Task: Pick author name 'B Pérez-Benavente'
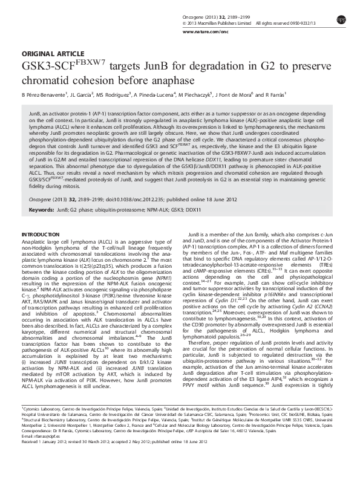(46, 95)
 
